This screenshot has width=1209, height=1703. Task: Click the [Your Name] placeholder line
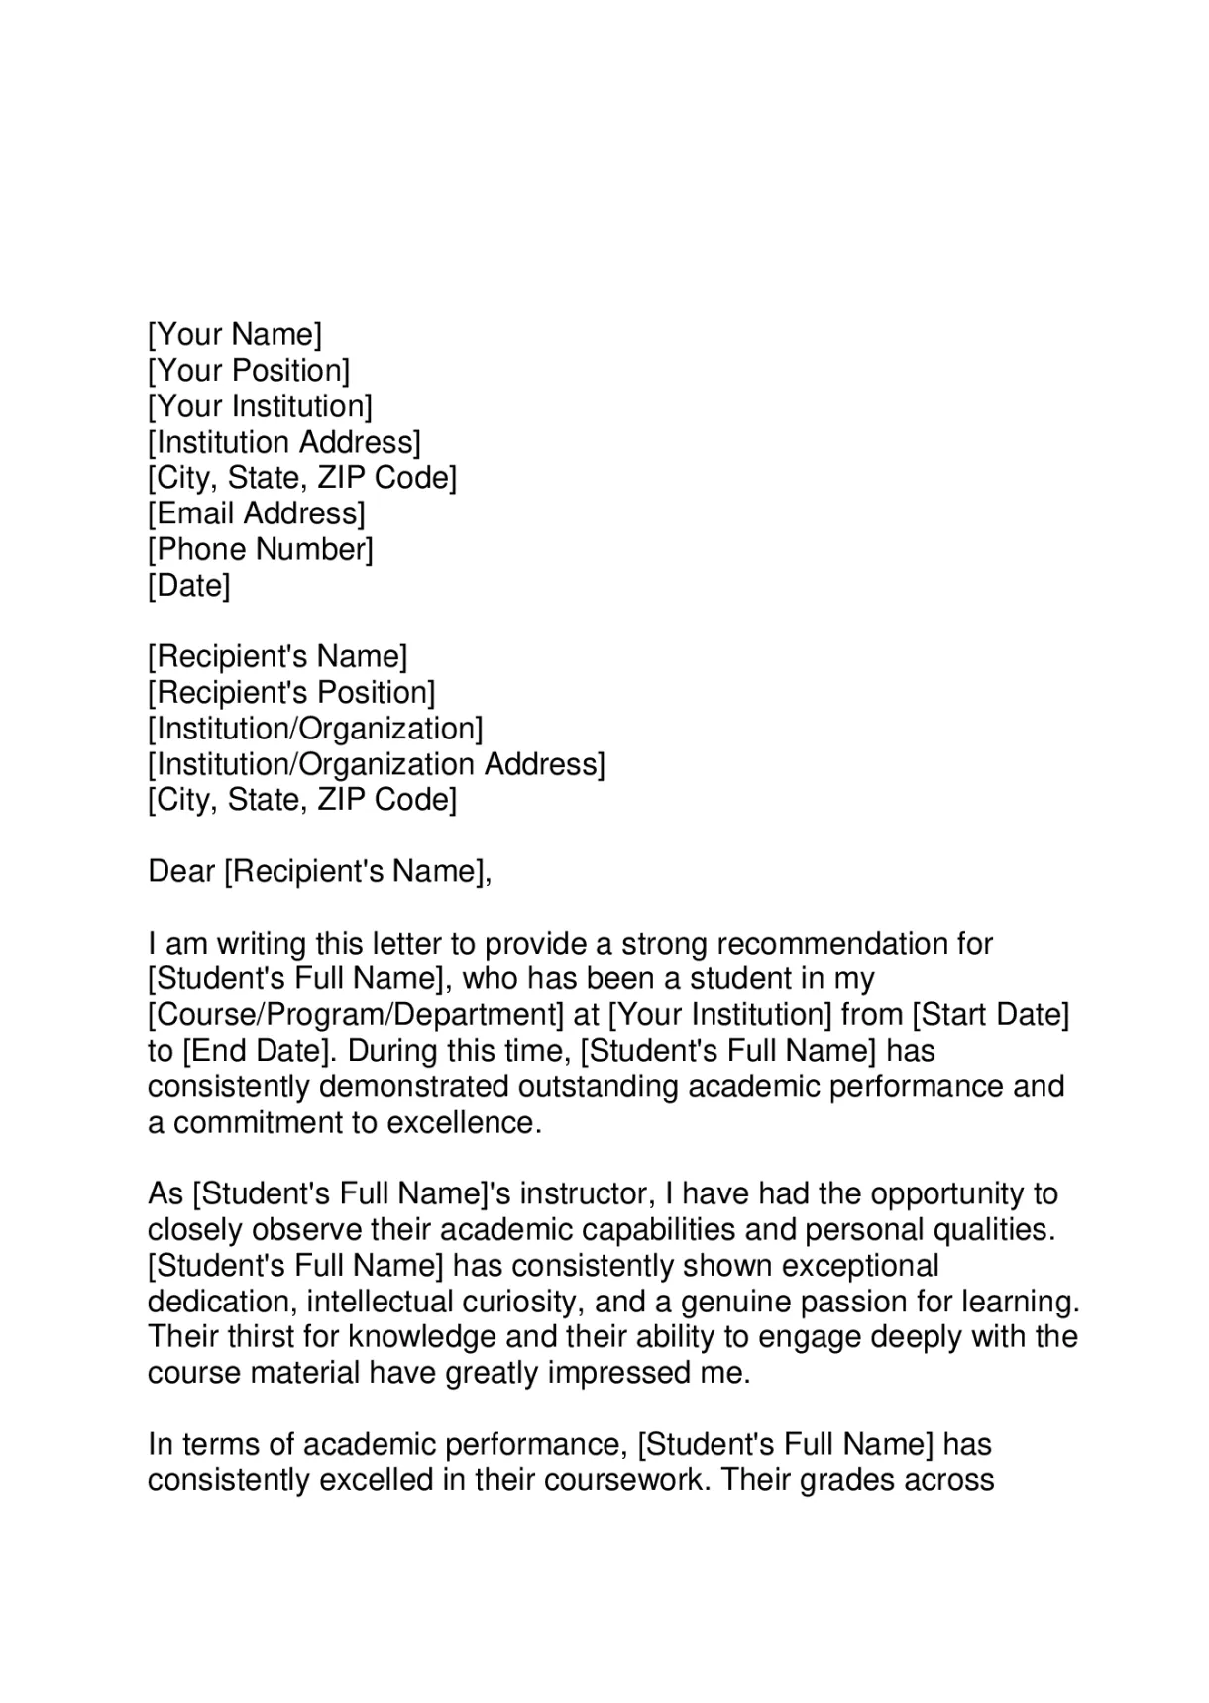point(235,335)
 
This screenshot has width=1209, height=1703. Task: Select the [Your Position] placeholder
point(249,371)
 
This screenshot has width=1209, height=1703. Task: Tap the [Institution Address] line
point(284,442)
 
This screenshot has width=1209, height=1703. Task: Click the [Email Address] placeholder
point(257,513)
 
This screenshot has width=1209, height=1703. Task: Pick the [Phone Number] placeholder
point(261,549)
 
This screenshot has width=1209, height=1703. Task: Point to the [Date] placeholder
point(188,585)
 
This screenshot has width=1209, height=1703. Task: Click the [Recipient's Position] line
point(291,692)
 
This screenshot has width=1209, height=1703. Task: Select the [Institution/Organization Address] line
point(376,764)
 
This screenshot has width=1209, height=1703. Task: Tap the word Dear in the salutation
point(181,871)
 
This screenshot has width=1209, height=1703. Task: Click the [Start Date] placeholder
point(990,1015)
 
